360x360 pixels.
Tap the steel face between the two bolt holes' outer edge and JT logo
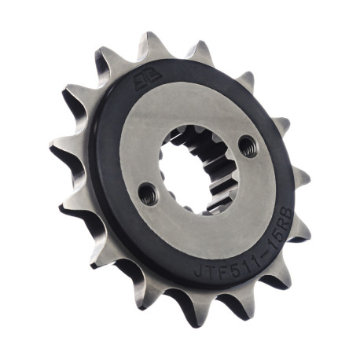click(181, 110)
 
